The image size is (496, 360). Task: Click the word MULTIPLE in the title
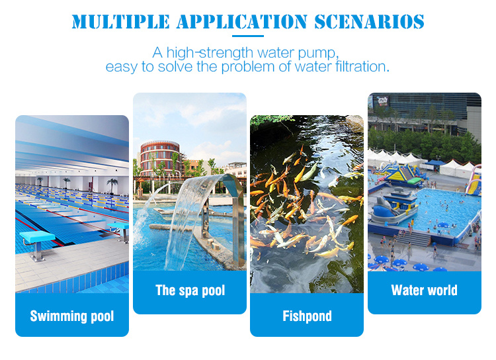pos(120,22)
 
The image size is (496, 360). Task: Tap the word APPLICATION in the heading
pos(242,22)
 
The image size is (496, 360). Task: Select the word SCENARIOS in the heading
pos(369,22)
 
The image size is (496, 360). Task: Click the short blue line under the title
pos(248,36)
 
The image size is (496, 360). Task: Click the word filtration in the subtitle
pos(360,67)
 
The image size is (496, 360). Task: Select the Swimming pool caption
pos(72,316)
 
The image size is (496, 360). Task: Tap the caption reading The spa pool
pos(190,291)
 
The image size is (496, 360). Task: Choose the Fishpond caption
pos(307,316)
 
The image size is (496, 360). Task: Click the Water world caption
pos(424,290)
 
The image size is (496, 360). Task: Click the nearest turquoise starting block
pos(37,242)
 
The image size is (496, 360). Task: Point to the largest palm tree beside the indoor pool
pos(112,186)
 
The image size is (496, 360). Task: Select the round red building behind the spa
pos(160,158)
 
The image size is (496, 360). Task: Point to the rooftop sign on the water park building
pos(382,101)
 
